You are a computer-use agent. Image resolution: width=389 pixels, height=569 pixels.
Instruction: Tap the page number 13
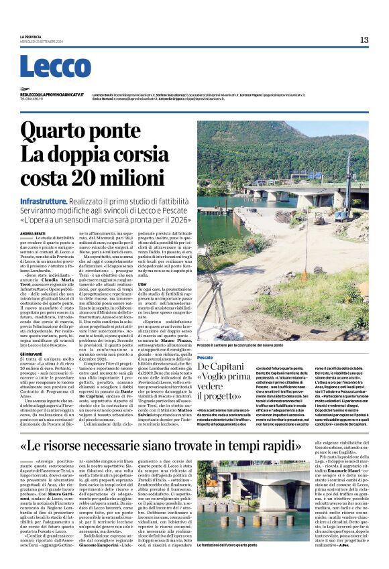364,40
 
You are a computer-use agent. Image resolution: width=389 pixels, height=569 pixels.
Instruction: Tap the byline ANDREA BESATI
34,233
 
